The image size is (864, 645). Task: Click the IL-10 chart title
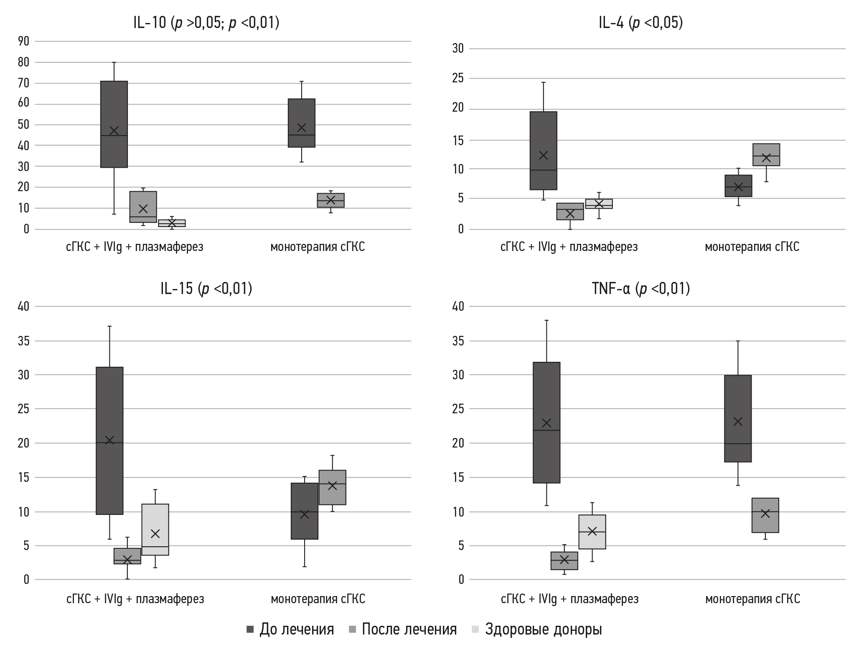pyautogui.click(x=206, y=23)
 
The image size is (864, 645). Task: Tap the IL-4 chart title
pyautogui.click(x=640, y=23)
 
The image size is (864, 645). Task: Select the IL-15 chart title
pyautogui.click(x=206, y=289)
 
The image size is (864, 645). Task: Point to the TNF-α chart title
pyautogui.click(x=640, y=289)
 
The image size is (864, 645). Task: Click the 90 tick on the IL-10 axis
pyautogui.click(x=23, y=41)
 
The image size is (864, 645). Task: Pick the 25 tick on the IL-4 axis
pyautogui.click(x=458, y=79)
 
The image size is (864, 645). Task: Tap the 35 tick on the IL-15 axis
pyautogui.click(x=23, y=341)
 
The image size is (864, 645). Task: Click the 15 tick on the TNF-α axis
pyautogui.click(x=458, y=477)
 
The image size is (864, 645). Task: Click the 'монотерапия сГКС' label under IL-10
pyautogui.click(x=318, y=247)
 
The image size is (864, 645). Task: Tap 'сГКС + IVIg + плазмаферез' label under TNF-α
pyautogui.click(x=569, y=599)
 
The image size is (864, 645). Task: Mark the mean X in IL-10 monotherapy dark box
pyautogui.click(x=301, y=128)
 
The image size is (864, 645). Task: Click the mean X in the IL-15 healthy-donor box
pyautogui.click(x=155, y=533)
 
